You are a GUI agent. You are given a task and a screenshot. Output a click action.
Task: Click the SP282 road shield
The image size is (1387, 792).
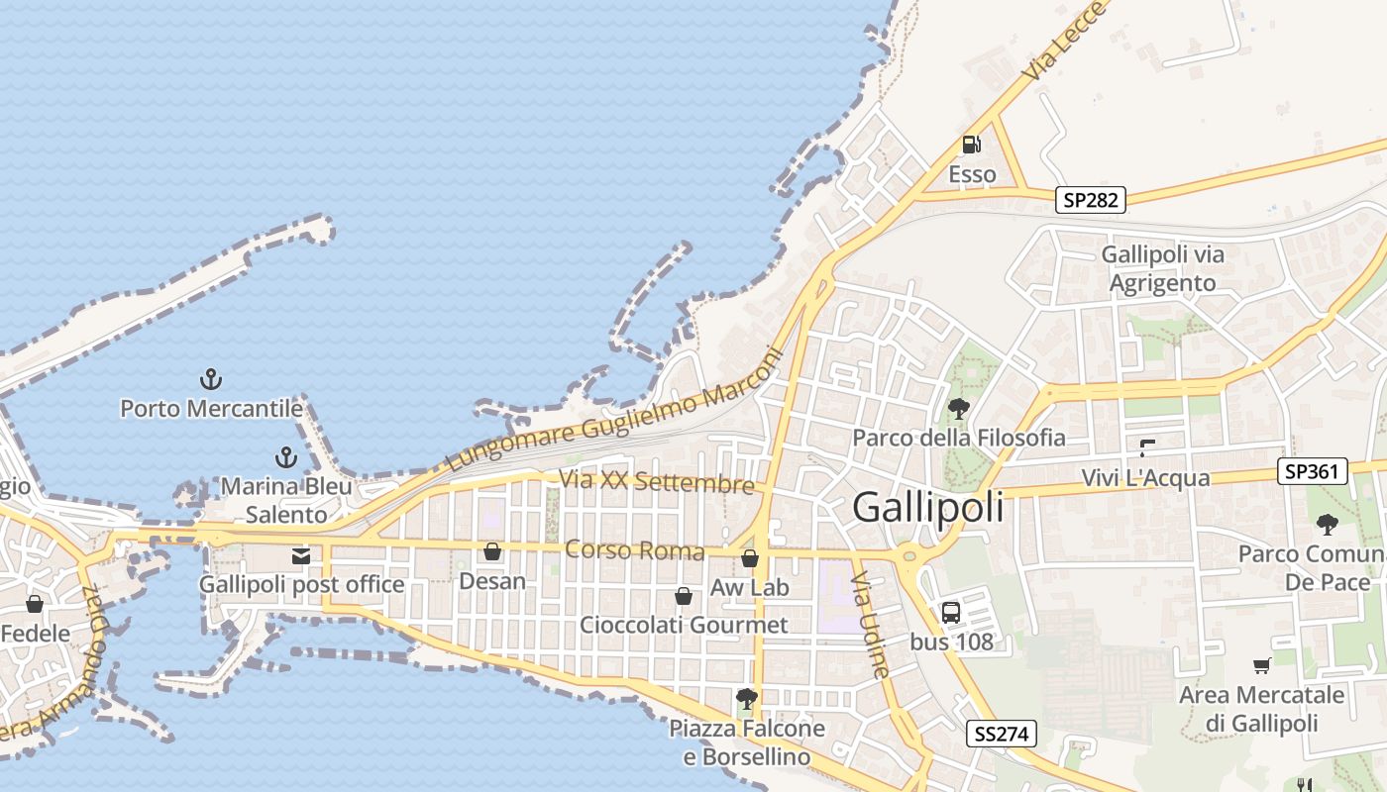tap(1091, 200)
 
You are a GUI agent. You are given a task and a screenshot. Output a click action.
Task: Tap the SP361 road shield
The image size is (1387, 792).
tap(1313, 471)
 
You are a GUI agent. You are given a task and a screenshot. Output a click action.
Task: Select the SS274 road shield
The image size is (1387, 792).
tap(1002, 734)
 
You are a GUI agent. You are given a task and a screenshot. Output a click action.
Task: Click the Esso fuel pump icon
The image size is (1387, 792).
tap(972, 145)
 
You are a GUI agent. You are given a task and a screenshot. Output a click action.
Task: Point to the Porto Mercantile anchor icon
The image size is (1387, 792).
tap(210, 378)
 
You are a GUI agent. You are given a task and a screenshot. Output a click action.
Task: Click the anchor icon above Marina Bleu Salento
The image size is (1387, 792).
tap(285, 457)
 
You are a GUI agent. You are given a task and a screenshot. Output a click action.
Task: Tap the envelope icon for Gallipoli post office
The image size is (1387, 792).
tap(301, 555)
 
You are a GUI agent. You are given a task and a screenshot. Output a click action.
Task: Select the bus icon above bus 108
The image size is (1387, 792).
tap(951, 612)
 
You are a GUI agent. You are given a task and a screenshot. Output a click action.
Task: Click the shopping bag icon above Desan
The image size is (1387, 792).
tap(492, 551)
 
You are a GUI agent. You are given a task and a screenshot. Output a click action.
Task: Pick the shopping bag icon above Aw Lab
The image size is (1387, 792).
tap(750, 558)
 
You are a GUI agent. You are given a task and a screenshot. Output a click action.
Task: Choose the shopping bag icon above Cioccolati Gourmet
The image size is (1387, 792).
tap(684, 595)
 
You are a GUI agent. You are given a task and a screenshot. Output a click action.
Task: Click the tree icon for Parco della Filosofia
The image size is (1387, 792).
tap(958, 408)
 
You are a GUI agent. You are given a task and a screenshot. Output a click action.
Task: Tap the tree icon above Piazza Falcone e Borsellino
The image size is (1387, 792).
tap(747, 699)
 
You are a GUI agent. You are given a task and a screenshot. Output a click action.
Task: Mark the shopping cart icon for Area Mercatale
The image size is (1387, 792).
tap(1261, 665)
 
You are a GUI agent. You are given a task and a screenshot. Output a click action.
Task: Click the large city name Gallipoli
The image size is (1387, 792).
tap(927, 507)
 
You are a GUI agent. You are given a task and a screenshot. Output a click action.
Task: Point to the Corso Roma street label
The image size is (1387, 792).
tap(634, 549)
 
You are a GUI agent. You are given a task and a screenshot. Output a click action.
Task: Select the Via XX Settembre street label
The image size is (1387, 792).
tap(656, 482)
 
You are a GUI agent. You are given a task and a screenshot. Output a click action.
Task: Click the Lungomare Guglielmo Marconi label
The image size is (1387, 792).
tap(614, 410)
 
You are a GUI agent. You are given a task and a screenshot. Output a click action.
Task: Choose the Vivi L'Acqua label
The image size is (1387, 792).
tap(1145, 478)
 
